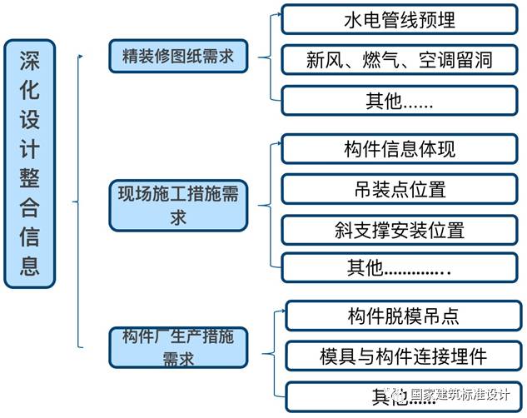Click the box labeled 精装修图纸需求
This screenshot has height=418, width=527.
(x=178, y=57)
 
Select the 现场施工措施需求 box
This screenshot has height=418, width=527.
(x=178, y=205)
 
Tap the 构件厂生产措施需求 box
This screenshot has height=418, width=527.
(x=178, y=347)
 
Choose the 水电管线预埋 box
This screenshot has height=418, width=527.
(x=400, y=19)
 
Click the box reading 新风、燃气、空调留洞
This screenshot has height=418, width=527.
(x=400, y=60)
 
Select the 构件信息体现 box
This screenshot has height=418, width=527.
(x=400, y=149)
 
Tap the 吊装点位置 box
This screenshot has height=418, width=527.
(x=400, y=189)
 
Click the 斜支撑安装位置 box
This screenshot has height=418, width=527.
(x=400, y=230)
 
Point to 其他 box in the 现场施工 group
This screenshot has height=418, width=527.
(x=400, y=267)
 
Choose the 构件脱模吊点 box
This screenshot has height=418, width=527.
(x=403, y=316)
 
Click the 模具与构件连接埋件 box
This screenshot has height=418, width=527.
(x=403, y=356)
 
